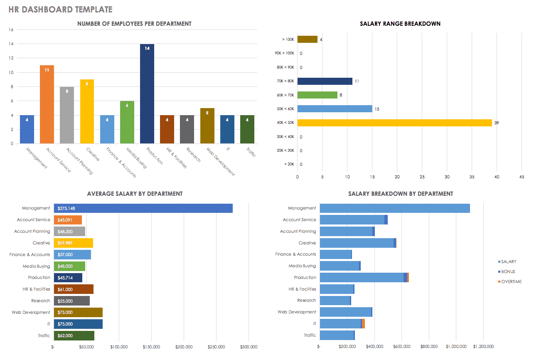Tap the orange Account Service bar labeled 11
[47, 104]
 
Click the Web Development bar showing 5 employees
[207, 126]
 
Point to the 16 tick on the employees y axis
[11, 30]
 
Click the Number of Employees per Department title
[134, 24]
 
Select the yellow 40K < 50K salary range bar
[394, 123]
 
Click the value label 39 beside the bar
[497, 123]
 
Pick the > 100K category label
[288, 39]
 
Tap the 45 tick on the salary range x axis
[522, 177]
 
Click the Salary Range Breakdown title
[400, 24]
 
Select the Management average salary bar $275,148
[143, 208]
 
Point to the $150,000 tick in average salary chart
[151, 347]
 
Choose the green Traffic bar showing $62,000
[74, 335]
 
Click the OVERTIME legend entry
[511, 281]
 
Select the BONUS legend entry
[508, 271]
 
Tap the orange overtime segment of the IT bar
[364, 324]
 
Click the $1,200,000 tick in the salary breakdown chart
[482, 346]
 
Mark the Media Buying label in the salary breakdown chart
[302, 266]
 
